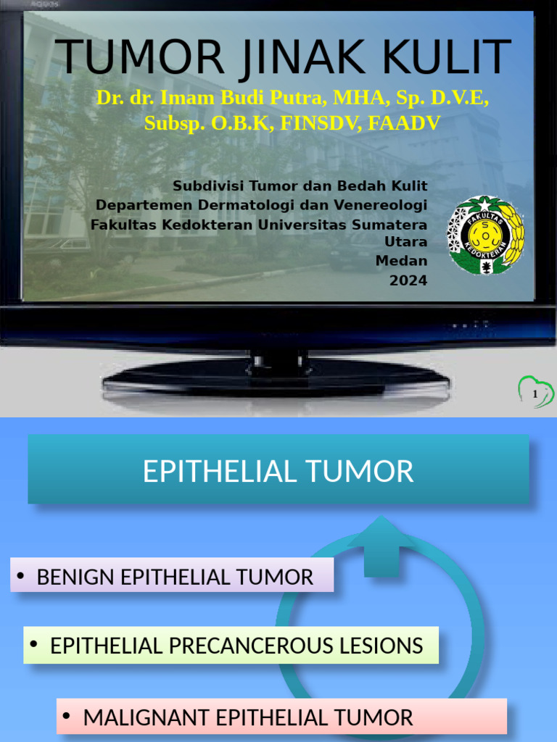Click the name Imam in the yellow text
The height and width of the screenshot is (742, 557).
click(184, 98)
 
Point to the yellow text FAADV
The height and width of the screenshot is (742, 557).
click(404, 123)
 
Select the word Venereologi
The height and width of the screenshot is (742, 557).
click(377, 205)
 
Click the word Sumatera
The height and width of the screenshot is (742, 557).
click(389, 225)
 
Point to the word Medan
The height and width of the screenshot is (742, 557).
click(401, 261)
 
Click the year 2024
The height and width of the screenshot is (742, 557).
click(408, 280)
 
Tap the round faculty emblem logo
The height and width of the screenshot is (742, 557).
click(485, 234)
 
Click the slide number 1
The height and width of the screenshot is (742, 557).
click(535, 394)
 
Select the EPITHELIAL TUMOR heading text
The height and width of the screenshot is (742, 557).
click(278, 472)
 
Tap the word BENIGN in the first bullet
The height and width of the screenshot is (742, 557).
click(75, 578)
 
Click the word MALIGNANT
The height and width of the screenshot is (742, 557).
click(147, 718)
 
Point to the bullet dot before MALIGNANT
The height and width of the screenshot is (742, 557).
click(66, 717)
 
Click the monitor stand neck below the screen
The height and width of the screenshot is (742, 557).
click(278, 356)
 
